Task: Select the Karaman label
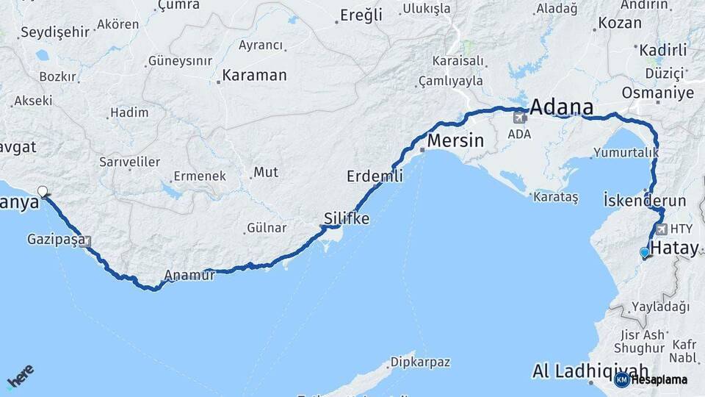[x=254, y=75]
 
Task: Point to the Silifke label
[x=347, y=218]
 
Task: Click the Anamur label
[x=189, y=276]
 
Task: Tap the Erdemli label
[x=375, y=176]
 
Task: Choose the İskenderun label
[x=644, y=200]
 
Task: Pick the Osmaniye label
[x=657, y=93]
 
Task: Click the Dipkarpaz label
[x=419, y=362]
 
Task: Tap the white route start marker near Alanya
[x=43, y=192]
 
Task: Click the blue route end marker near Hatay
[x=645, y=253]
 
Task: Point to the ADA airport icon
[x=521, y=116]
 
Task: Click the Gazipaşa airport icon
[x=87, y=240]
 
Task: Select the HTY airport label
[x=681, y=229]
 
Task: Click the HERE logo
[x=20, y=377]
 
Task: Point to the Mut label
[x=265, y=173]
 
